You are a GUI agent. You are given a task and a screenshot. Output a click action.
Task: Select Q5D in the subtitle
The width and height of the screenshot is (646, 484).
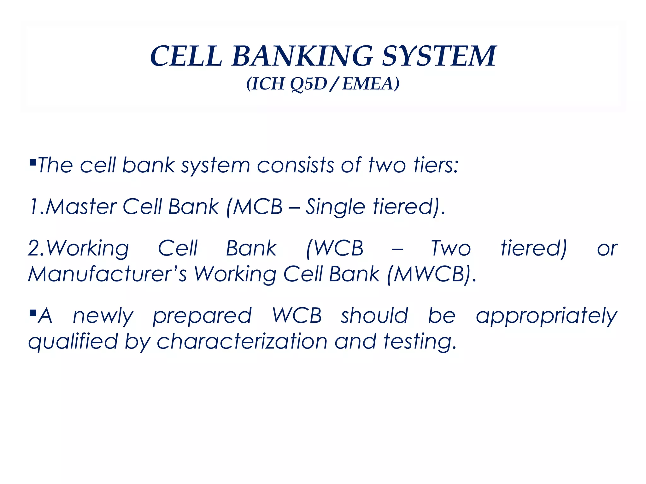pos(308,84)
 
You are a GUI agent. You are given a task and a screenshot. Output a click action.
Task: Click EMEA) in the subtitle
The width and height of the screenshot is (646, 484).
pos(371,84)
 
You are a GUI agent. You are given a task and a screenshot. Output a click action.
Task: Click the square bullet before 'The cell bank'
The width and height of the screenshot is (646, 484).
pos(32,163)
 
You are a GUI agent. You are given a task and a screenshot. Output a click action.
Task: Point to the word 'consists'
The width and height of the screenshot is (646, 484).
pos(295,165)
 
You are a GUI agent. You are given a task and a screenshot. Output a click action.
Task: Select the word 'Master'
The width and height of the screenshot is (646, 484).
pos(81,207)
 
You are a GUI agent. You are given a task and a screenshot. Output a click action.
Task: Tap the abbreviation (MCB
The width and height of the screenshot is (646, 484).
pos(254,207)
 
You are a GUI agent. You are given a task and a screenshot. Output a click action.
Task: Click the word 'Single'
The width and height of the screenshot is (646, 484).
pos(335,207)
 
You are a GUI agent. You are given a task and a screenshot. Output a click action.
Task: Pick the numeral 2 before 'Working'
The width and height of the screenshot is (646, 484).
pos(33,248)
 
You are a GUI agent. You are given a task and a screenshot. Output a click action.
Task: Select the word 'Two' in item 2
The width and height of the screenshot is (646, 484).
pos(451,248)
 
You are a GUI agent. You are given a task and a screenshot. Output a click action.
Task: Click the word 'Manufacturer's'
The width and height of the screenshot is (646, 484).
pos(107,274)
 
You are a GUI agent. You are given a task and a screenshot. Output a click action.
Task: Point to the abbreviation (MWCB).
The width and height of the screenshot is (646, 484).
pos(431,274)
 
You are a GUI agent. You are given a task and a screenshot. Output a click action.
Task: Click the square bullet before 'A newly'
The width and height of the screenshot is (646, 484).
pos(32,313)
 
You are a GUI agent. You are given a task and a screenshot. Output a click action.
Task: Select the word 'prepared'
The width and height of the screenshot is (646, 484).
pos(202,316)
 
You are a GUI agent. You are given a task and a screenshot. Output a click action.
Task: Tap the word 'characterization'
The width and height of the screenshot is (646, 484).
pos(242,342)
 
